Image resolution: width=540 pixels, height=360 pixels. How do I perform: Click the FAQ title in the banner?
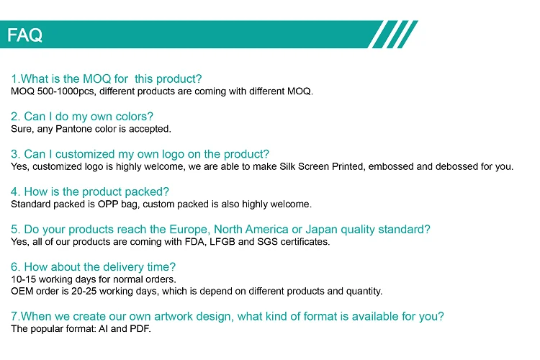click(25, 35)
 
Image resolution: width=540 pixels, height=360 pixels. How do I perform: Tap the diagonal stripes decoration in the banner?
click(392, 35)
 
